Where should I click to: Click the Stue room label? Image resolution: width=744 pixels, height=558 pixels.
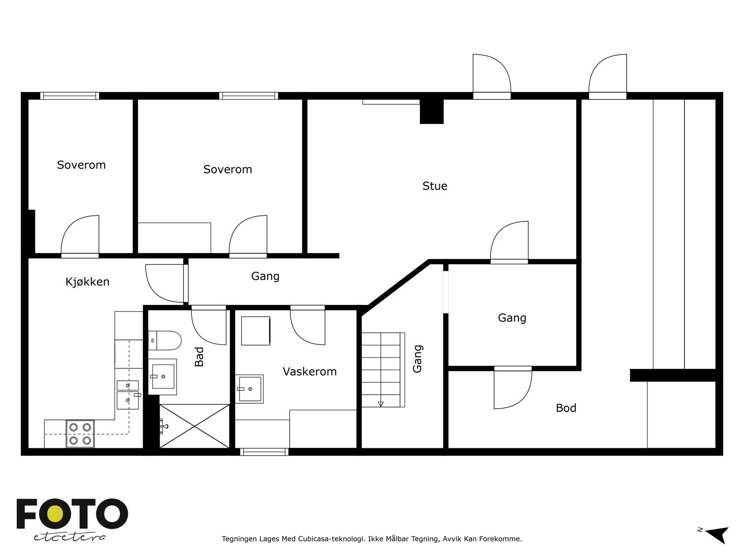point(434,186)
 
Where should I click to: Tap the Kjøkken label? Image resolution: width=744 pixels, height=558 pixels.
point(87,281)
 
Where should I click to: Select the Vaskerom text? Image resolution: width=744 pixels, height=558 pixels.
point(310,372)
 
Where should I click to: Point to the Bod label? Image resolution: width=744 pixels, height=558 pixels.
point(566,408)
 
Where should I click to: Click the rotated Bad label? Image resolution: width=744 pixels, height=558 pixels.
point(199,356)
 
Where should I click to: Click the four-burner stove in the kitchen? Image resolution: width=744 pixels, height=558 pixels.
point(80,434)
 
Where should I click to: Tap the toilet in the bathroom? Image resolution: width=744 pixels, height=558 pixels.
point(165,340)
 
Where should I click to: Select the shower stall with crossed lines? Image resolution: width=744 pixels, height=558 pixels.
point(194,426)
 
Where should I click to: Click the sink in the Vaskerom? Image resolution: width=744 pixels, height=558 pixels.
point(249,389)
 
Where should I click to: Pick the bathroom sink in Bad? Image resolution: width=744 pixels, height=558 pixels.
point(163,376)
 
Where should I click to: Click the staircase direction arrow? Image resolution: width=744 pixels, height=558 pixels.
point(381,404)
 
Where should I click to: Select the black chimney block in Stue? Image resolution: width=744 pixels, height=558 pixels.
point(432,112)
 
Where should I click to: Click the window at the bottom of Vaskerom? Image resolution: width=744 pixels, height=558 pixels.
point(264,452)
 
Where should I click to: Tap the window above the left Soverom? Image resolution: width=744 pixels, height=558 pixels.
point(69,96)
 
